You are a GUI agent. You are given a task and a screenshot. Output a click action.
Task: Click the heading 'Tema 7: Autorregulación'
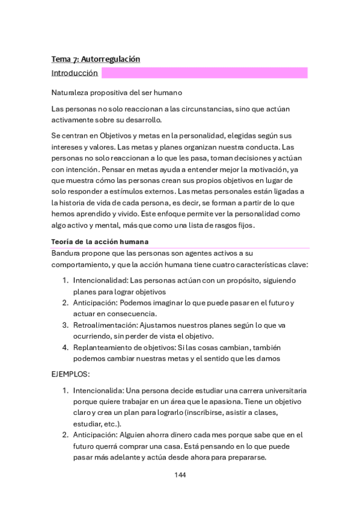point(96,59)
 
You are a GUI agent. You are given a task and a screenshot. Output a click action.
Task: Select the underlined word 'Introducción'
point(75,73)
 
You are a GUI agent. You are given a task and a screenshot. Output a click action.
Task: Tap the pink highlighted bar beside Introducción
point(204,73)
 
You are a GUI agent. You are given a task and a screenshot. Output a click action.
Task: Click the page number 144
point(180,475)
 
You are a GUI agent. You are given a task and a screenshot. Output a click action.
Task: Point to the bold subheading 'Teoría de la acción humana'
point(100,242)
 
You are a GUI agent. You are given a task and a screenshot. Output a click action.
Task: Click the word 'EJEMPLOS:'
point(70,373)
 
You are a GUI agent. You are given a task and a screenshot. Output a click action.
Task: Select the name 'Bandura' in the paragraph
point(66,253)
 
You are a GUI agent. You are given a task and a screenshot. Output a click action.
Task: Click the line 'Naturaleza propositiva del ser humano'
point(117,93)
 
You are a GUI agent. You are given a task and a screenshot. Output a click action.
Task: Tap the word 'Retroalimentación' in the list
point(100,325)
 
